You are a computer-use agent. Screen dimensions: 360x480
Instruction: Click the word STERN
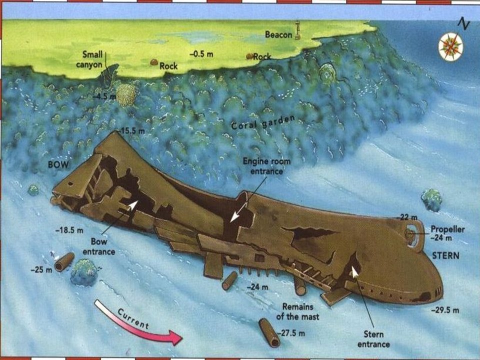pyautogui.click(x=445, y=255)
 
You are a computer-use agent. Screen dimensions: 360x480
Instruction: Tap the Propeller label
pyautogui.click(x=448, y=229)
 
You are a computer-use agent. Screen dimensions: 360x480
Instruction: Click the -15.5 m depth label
pyautogui.click(x=132, y=130)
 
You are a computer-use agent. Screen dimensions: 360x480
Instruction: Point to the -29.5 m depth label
pyautogui.click(x=444, y=310)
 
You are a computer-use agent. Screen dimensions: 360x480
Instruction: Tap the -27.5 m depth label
pyautogui.click(x=291, y=332)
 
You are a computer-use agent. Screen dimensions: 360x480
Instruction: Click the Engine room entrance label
pyautogui.click(x=263, y=166)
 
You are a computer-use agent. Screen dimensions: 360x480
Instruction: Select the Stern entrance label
pyautogui.click(x=376, y=339)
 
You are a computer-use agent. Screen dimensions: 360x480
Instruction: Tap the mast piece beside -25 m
pyautogui.click(x=64, y=261)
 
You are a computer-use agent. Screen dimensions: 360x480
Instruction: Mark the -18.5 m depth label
pyautogui.click(x=69, y=230)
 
